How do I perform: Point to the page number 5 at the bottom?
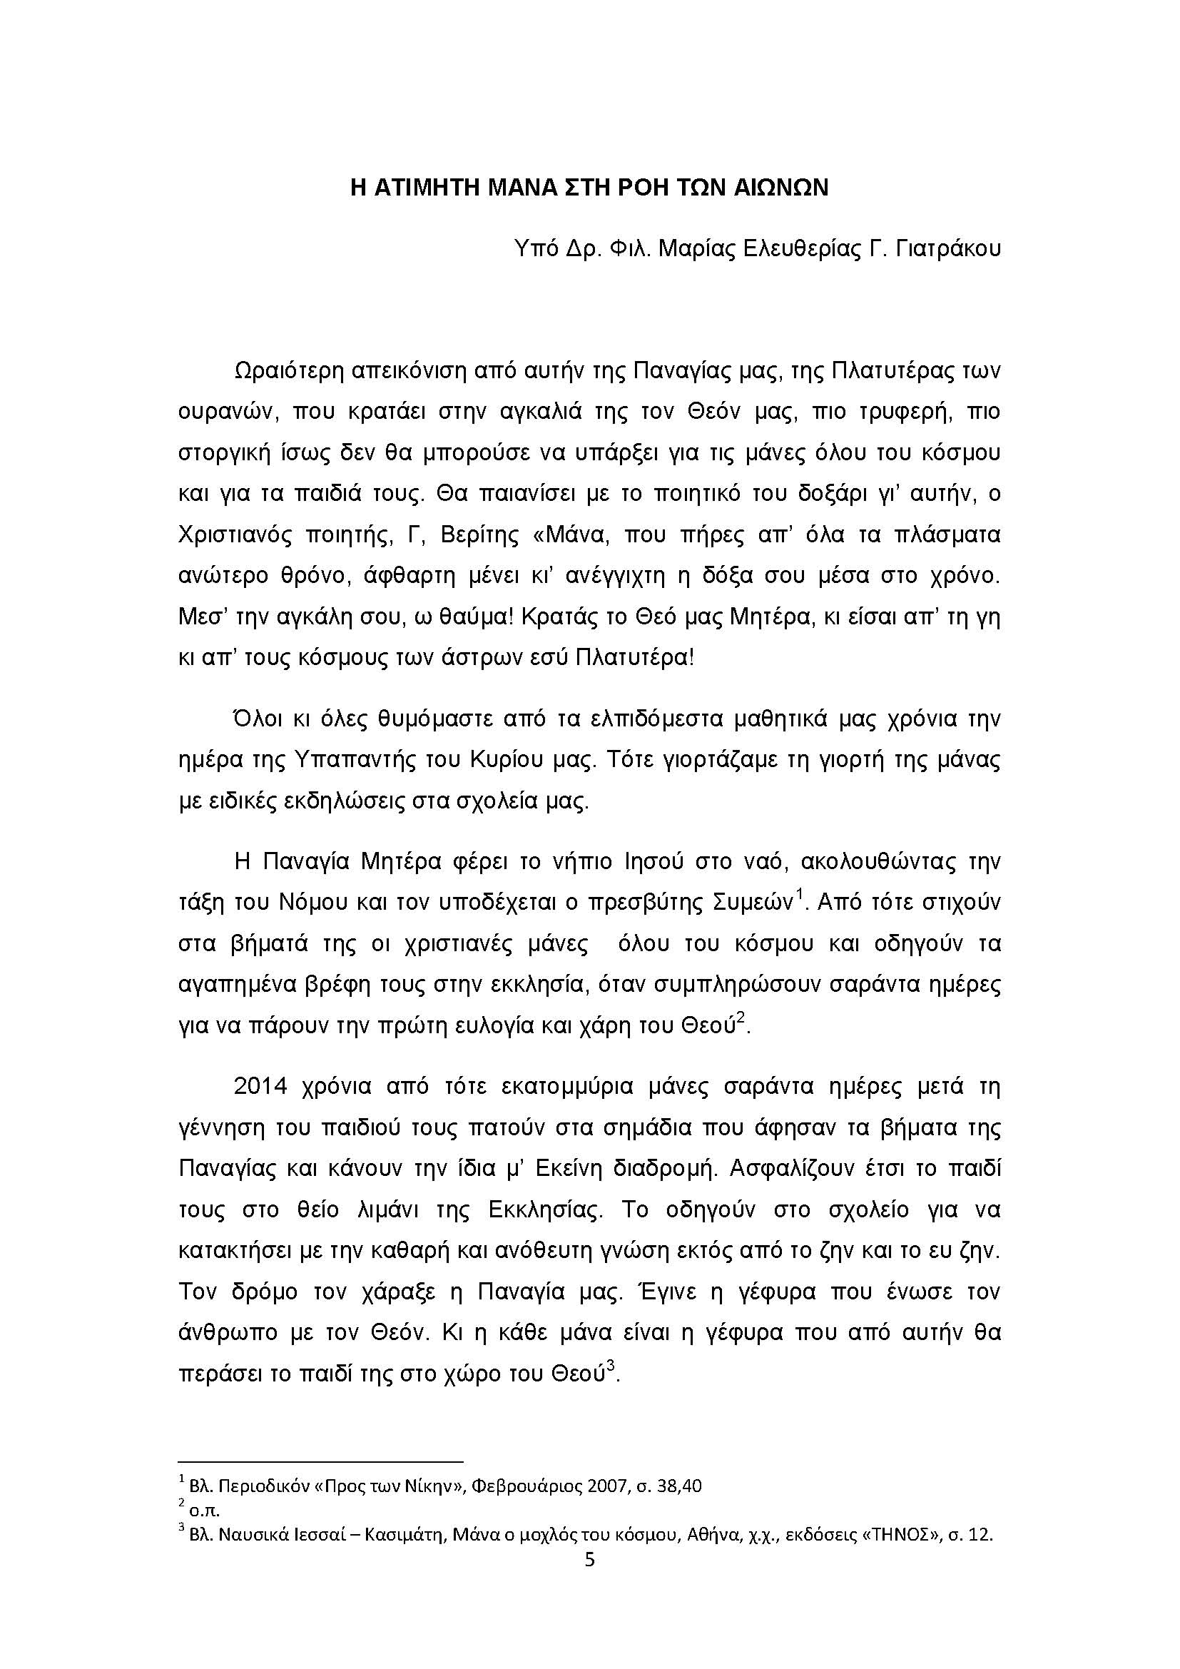(589, 1560)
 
